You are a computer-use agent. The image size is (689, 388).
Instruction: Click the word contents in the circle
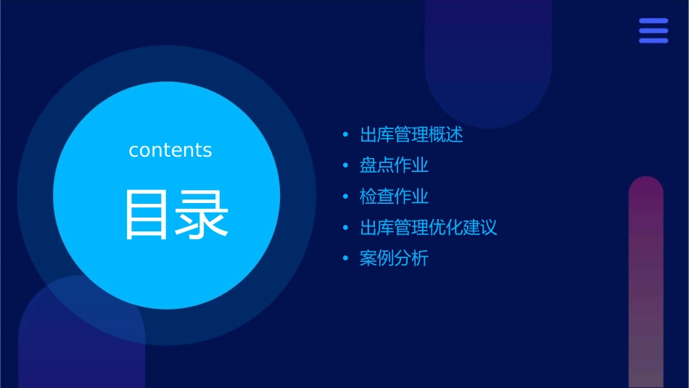pos(170,150)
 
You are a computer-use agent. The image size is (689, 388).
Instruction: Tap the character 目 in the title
pos(147,215)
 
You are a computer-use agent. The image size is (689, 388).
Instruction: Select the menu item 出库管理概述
pos(411,135)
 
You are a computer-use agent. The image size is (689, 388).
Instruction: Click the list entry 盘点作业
pos(394,165)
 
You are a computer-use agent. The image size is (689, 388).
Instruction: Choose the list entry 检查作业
pos(394,197)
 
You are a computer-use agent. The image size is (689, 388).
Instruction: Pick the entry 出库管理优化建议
pos(428,228)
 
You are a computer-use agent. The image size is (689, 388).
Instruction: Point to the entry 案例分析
pos(394,258)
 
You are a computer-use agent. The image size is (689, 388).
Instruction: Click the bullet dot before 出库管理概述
pos(346,135)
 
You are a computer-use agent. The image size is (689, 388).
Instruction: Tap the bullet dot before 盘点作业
pos(346,166)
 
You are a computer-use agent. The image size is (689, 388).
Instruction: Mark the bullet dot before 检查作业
pos(346,197)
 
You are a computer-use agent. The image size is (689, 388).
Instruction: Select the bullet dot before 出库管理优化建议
pos(346,228)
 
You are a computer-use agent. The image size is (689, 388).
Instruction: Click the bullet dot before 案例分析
pos(346,259)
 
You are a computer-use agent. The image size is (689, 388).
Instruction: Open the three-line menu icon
pos(653,31)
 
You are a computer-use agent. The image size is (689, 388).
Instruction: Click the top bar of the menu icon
pos(653,22)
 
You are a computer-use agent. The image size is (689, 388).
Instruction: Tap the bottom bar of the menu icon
pos(653,41)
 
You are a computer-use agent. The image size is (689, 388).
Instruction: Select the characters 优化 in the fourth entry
pos(446,228)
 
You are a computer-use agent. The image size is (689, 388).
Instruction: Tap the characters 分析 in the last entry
pos(411,258)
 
